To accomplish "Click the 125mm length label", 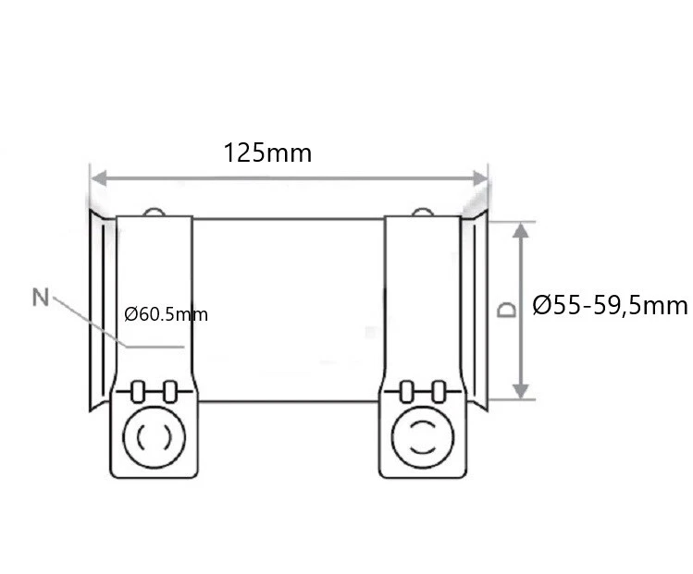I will click(x=267, y=153).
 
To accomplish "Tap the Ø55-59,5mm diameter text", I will click(x=611, y=306).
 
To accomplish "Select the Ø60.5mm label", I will click(x=167, y=315).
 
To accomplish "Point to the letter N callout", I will click(x=40, y=297).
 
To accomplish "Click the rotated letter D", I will click(x=506, y=308).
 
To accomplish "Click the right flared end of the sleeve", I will click(x=476, y=310).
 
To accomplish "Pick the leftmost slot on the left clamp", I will click(x=138, y=391).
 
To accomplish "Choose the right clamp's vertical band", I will click(x=421, y=296).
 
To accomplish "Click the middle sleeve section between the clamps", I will click(x=289, y=310).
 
